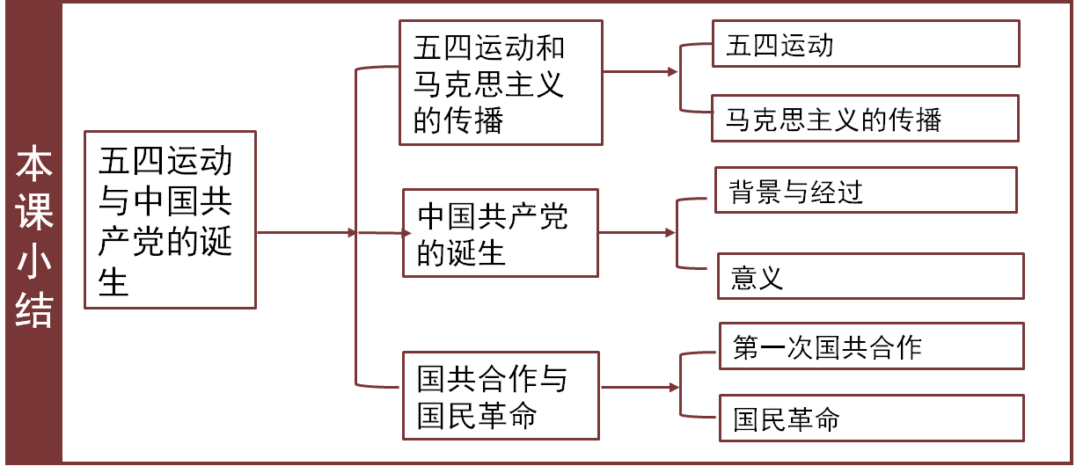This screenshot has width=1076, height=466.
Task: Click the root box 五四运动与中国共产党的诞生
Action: point(170,220)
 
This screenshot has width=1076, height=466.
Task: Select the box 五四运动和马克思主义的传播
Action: point(501,84)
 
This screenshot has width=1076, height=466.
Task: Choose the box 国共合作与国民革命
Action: point(501,396)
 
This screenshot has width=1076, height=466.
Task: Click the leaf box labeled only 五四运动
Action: point(866,44)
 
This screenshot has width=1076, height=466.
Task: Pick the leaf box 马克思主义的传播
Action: point(866,119)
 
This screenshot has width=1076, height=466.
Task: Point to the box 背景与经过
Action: point(867,191)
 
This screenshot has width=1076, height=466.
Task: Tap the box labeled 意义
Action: point(870,276)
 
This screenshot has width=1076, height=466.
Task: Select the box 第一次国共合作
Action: point(872,346)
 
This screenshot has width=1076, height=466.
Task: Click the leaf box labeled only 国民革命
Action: point(872,418)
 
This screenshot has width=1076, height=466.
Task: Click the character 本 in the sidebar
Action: point(33,166)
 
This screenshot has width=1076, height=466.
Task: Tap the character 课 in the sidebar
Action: point(33,214)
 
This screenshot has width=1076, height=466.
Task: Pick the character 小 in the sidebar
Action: point(33,262)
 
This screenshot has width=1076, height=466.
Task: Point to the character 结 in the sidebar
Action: point(33,309)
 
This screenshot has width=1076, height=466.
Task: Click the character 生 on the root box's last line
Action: point(114,282)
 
